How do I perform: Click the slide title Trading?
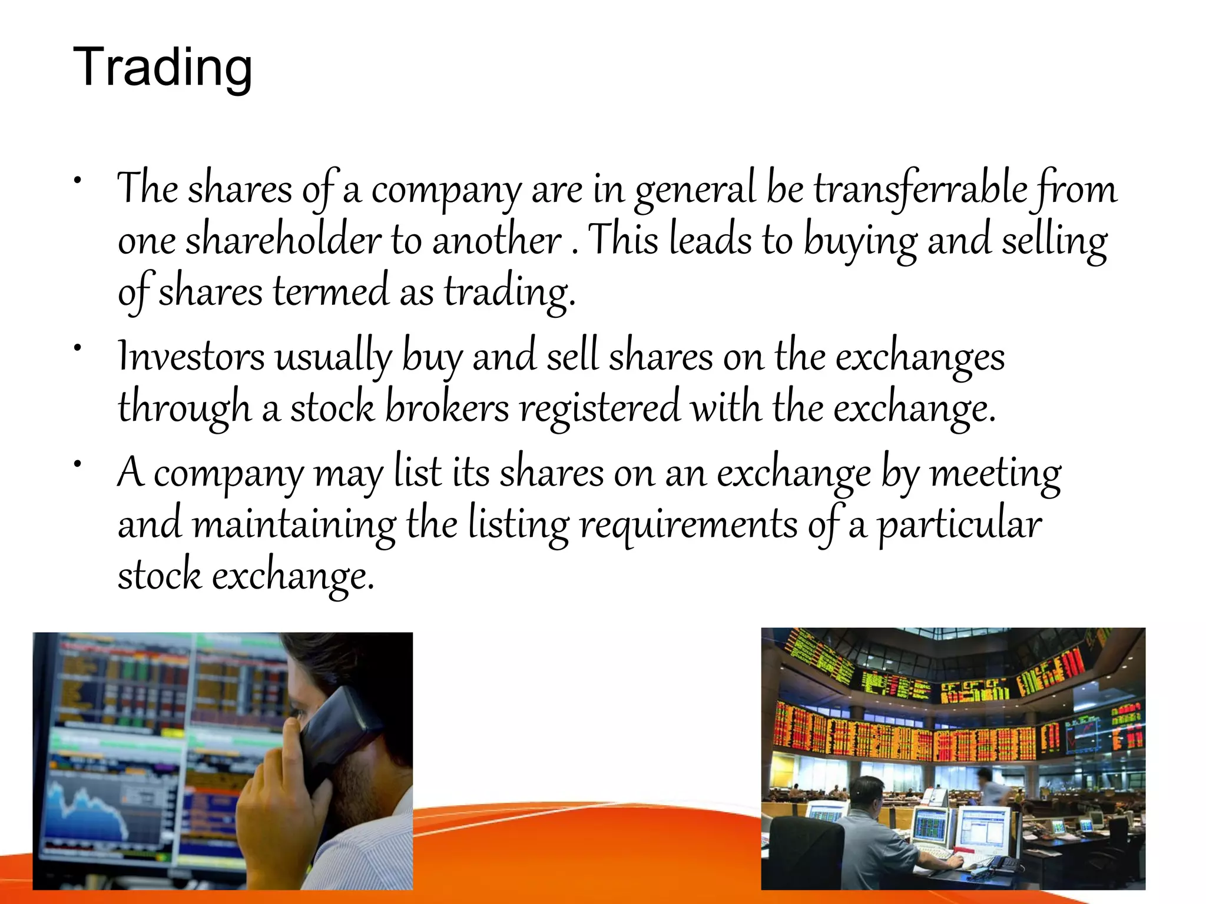[x=163, y=68]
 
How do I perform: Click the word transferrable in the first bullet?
[x=920, y=190]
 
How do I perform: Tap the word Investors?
[x=191, y=357]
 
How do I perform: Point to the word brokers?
[x=447, y=408]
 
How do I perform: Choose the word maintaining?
[x=294, y=524]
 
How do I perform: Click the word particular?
[x=960, y=524]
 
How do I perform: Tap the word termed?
[x=331, y=292]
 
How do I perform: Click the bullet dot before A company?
[x=77, y=464]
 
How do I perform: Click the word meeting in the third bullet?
[x=996, y=474]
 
